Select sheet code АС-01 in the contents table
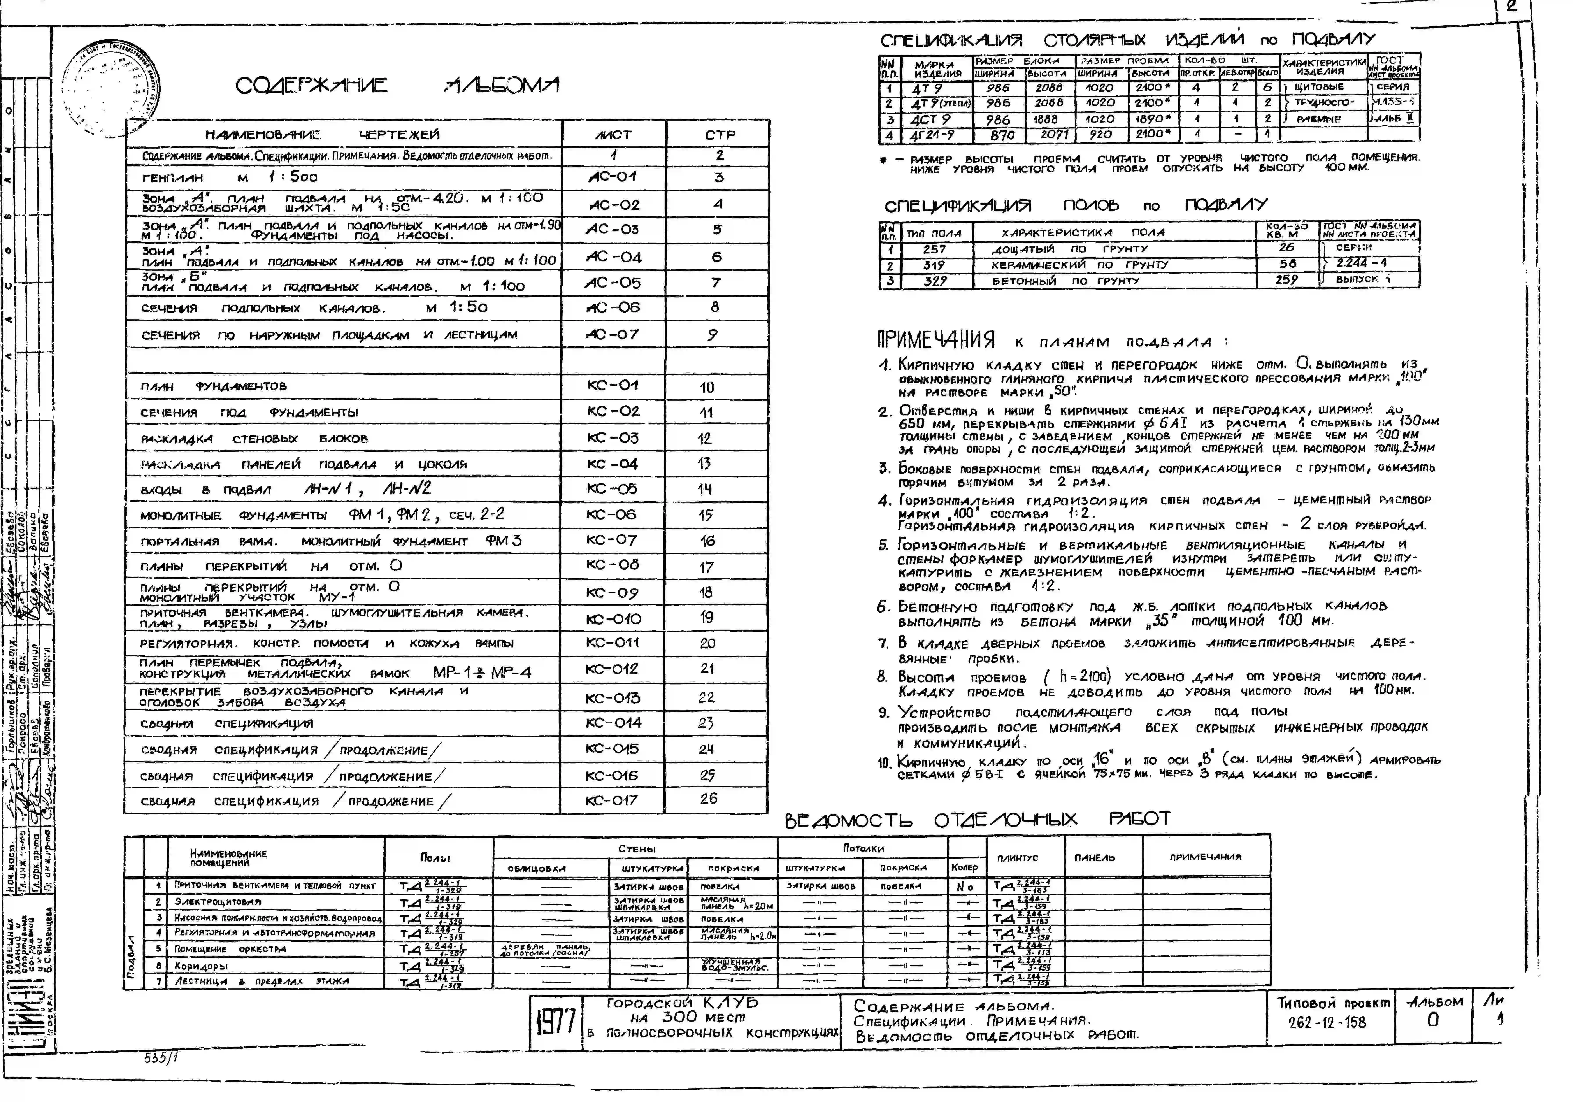click(x=613, y=177)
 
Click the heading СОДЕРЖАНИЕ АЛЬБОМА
click(x=397, y=86)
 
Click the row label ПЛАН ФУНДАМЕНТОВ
click(x=214, y=387)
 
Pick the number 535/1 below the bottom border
click(x=158, y=1057)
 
